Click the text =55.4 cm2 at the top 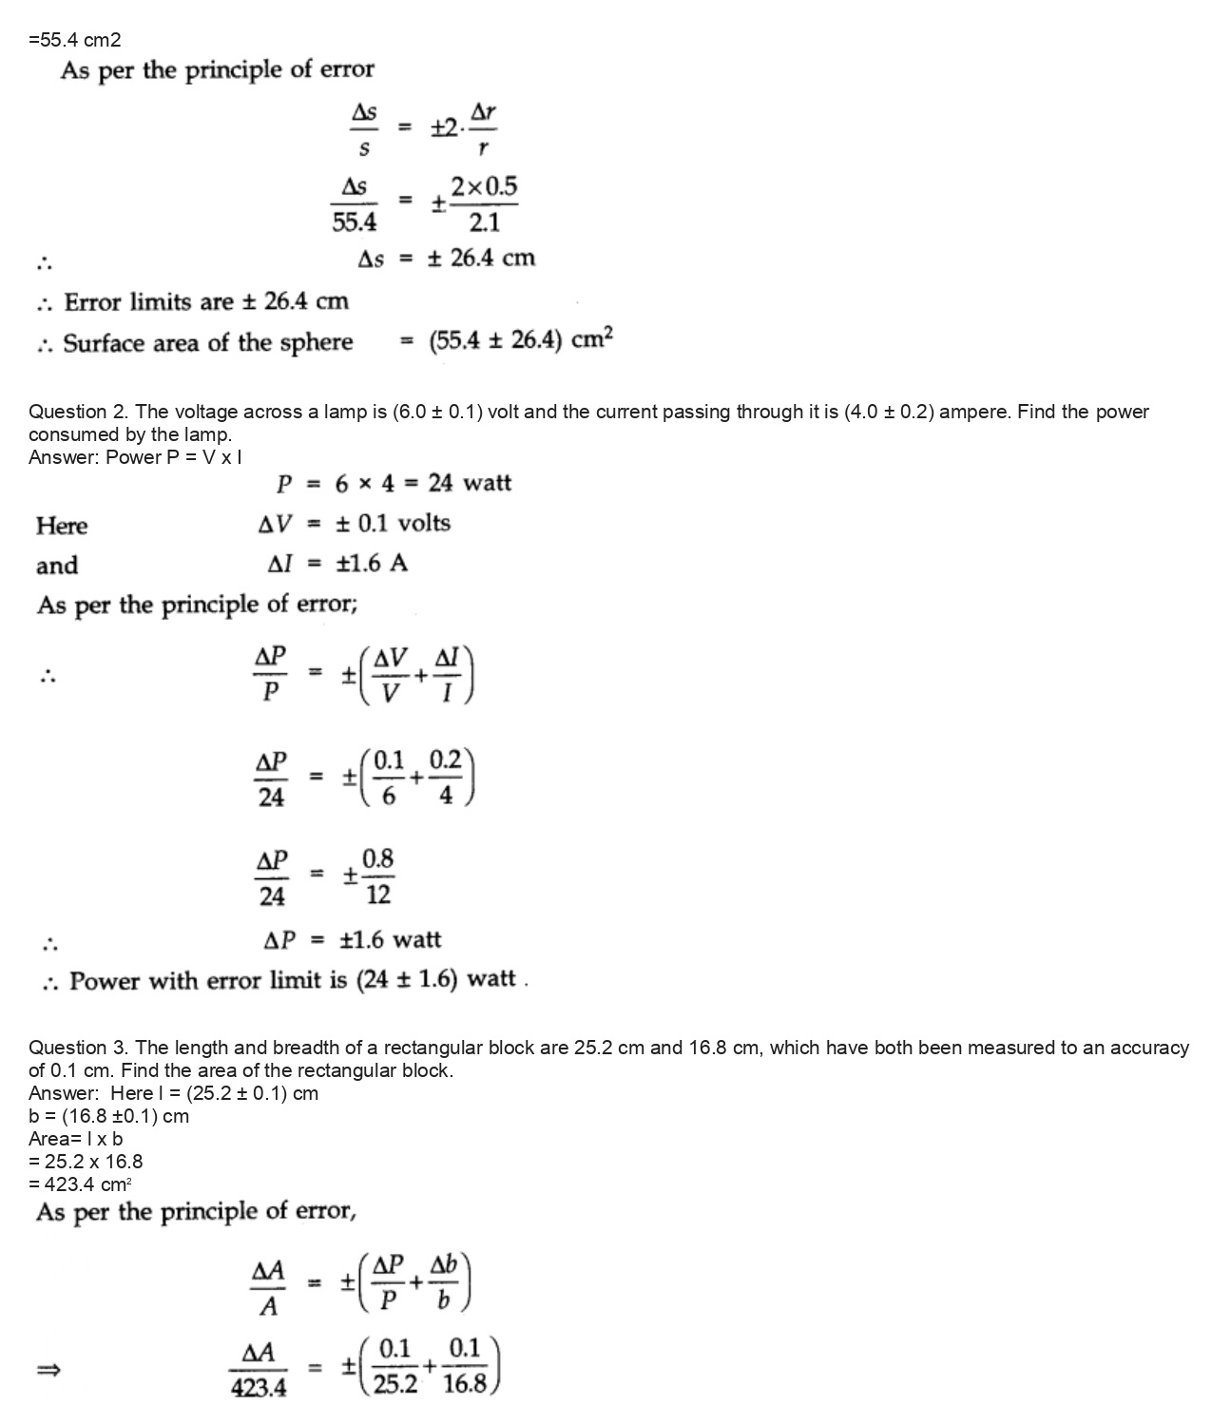coord(75,40)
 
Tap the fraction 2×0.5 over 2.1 coord(484,204)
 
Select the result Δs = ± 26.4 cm coord(446,259)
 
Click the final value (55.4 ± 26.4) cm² coord(521,341)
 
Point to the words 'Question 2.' coord(80,412)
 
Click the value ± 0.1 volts coord(394,524)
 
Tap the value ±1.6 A coord(373,564)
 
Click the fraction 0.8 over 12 coord(377,876)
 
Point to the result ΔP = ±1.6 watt coord(352,940)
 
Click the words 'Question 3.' coord(80,1048)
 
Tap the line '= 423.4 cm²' coord(80,1184)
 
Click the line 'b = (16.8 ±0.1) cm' coord(108,1116)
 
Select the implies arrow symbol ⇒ coord(48,1370)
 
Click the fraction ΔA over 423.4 coord(260,1370)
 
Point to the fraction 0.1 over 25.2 coord(394,1367)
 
